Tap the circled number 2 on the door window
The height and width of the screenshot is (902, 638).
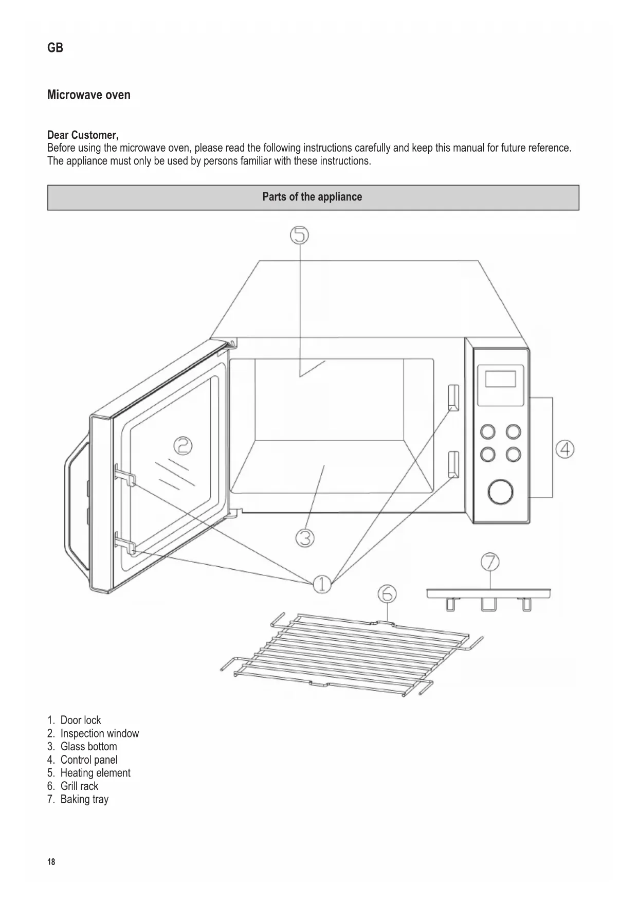click(x=182, y=445)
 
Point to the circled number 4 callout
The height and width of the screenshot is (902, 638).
click(x=565, y=449)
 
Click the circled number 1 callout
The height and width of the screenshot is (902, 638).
click(x=322, y=584)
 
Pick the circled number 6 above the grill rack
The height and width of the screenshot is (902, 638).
click(x=387, y=594)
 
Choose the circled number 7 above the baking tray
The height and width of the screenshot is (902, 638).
click(x=490, y=561)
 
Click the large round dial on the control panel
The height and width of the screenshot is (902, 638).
click(x=500, y=492)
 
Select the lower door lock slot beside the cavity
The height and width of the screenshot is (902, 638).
click(x=453, y=464)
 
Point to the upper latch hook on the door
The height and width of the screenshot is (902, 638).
click(x=125, y=475)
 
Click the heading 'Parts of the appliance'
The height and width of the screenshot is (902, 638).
click(x=313, y=197)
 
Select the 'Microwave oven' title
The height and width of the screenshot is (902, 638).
click(x=89, y=95)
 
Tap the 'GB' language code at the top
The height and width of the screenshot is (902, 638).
click(x=55, y=48)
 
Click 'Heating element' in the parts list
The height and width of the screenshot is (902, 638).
click(x=95, y=773)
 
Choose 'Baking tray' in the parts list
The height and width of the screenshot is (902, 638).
click(x=84, y=799)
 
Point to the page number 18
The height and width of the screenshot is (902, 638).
click(x=51, y=862)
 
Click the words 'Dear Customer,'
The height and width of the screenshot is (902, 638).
click(x=83, y=135)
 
